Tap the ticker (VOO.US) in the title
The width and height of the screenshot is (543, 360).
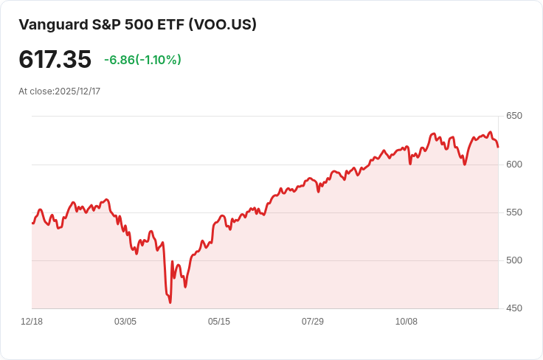pyautogui.click(x=223, y=24)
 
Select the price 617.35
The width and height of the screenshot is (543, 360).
pyautogui.click(x=55, y=60)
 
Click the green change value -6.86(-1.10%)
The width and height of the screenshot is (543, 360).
pyautogui.click(x=142, y=60)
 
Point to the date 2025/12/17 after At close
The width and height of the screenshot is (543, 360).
pyautogui.click(x=77, y=91)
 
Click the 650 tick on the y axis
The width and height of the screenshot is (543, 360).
pyautogui.click(x=514, y=116)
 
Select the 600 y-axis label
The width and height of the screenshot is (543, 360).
pyautogui.click(x=514, y=164)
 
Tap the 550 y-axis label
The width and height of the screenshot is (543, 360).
pyautogui.click(x=514, y=212)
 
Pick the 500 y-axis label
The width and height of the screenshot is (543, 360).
pyautogui.click(x=514, y=260)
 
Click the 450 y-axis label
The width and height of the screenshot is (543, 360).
pyautogui.click(x=514, y=308)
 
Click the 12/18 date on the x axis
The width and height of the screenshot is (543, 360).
pyautogui.click(x=32, y=322)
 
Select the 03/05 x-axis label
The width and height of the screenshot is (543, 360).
pyautogui.click(x=125, y=322)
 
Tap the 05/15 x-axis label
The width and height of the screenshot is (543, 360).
pyautogui.click(x=219, y=322)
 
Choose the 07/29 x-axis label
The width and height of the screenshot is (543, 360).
pyautogui.click(x=313, y=322)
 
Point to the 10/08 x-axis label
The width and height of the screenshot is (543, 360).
pyautogui.click(x=407, y=322)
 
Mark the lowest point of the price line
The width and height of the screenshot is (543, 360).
pyautogui.click(x=170, y=302)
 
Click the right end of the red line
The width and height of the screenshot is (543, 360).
pyautogui.click(x=498, y=147)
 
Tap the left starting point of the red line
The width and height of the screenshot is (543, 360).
pyautogui.click(x=32, y=223)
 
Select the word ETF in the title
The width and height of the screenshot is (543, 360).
pyautogui.click(x=170, y=24)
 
